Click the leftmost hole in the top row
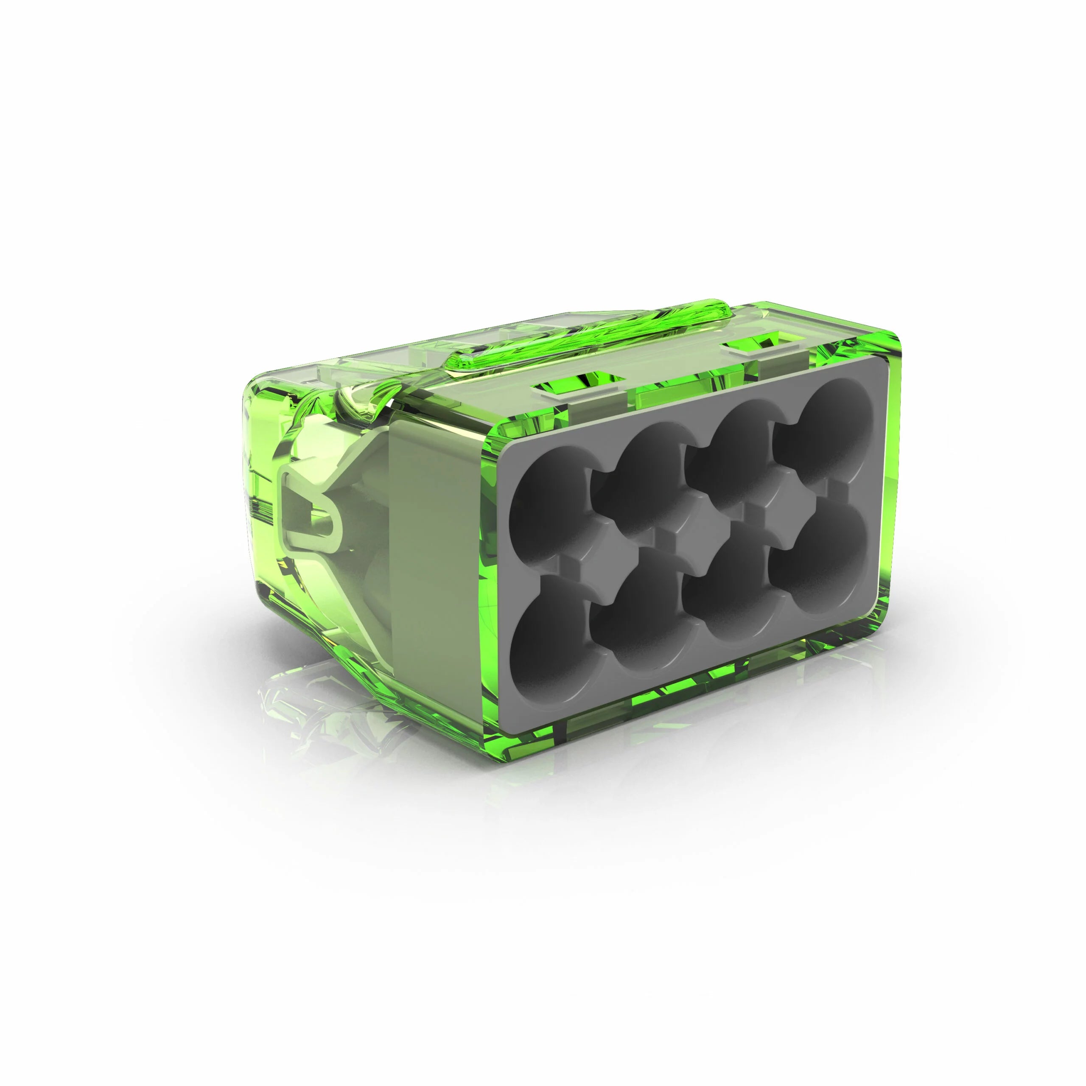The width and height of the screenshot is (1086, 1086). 554,500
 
